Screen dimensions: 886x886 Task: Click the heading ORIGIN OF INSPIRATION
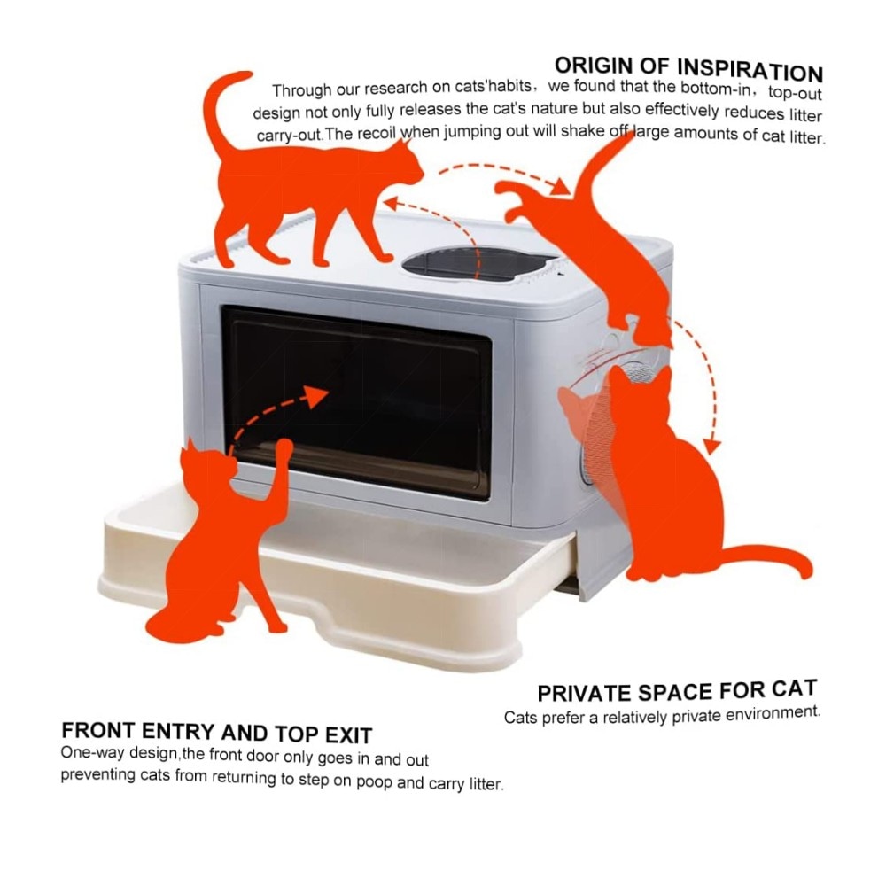pos(688,69)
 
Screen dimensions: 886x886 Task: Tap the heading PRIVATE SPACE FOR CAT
pos(677,691)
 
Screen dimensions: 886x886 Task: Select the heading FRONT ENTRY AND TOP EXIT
pos(216,733)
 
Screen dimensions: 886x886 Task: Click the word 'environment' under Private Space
pos(773,713)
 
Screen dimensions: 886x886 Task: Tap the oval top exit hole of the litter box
pos(479,266)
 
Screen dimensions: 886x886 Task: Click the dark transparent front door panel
pos(356,402)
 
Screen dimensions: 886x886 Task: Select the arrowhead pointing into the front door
pos(315,395)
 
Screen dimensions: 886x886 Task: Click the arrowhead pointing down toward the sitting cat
pos(712,446)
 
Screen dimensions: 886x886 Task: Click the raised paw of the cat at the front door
pos(284,450)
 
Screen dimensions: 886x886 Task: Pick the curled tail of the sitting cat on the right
pos(768,556)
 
